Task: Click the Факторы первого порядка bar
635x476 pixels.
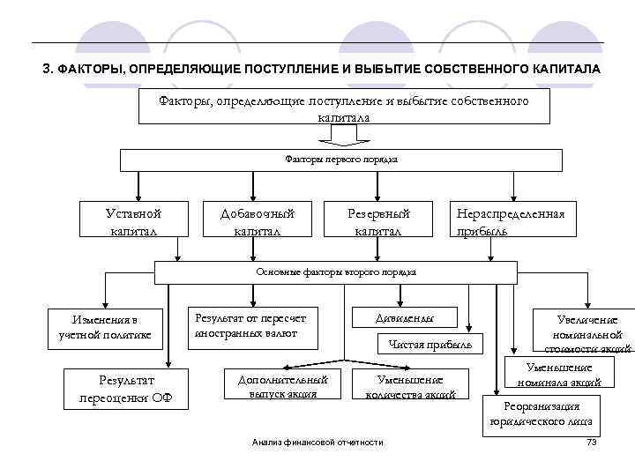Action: (341, 160)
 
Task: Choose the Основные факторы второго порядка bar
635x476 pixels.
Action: (336, 272)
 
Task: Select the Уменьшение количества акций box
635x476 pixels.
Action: (410, 386)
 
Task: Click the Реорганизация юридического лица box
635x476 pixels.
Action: (541, 413)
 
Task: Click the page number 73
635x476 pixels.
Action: (592, 442)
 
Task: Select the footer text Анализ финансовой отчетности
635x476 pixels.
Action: (317, 442)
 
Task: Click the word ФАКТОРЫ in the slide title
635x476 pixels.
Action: (96, 69)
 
